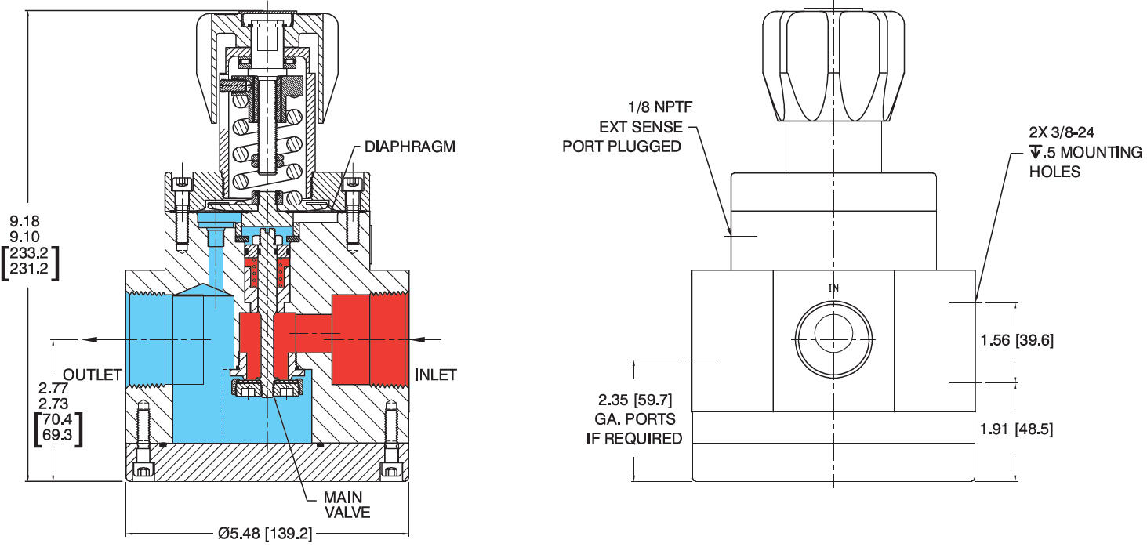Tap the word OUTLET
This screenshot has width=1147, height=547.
point(93,375)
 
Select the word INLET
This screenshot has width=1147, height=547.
point(435,375)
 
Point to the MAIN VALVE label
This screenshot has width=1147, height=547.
point(347,505)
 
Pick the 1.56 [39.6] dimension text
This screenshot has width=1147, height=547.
point(1017,340)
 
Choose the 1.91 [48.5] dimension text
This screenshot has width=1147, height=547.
point(1017,429)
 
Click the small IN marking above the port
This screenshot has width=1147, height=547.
point(833,288)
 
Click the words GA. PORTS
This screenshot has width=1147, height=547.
point(635,421)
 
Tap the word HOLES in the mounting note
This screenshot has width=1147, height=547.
point(1054,171)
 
